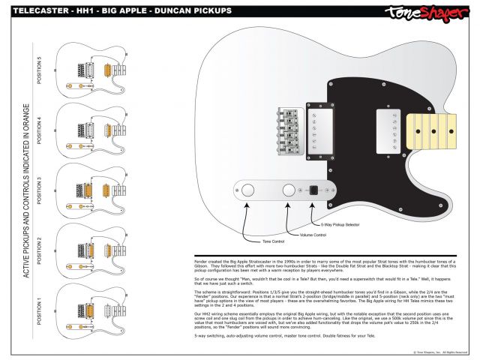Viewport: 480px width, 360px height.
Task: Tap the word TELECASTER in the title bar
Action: (x=34, y=12)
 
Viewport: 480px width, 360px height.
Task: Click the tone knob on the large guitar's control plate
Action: (x=249, y=191)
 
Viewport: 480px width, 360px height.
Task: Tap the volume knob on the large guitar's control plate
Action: (x=289, y=191)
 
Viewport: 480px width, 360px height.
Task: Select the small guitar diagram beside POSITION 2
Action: (x=94, y=249)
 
